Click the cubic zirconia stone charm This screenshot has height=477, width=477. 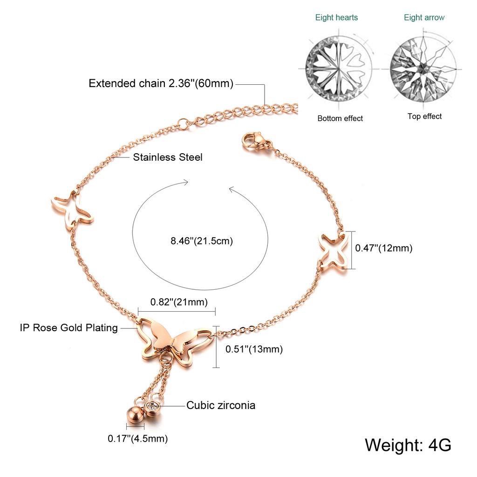click(152, 407)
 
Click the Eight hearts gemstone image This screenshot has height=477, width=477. click(339, 69)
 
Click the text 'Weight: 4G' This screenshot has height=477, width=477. click(408, 445)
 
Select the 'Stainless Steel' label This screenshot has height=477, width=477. click(168, 157)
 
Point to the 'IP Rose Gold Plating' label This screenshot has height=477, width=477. click(69, 327)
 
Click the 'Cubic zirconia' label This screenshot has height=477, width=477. click(221, 405)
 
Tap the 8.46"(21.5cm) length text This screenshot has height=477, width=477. click(202, 241)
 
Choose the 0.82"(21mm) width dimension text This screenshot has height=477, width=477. click(179, 302)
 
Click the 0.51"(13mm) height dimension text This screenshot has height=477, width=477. click(254, 349)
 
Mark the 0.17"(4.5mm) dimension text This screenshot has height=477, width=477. click(138, 438)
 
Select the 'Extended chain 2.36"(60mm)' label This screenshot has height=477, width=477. click(161, 83)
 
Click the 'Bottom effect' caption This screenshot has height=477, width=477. click(340, 118)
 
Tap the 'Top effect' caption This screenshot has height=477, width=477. click(425, 116)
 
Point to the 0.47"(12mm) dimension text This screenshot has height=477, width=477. click(384, 248)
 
